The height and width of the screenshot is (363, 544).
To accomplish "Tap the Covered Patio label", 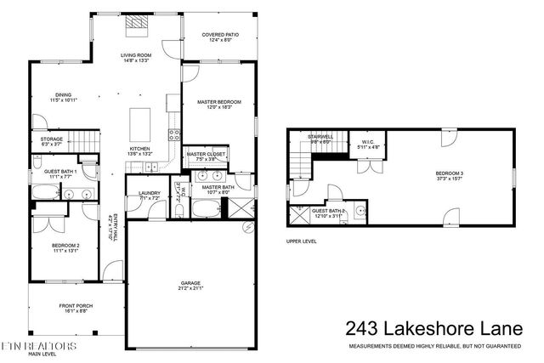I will click(x=219, y=36).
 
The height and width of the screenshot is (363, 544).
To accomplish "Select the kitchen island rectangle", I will click(x=139, y=126).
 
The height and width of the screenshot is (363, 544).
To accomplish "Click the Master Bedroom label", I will click(x=219, y=102).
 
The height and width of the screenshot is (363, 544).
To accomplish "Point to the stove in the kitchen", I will click(x=176, y=133).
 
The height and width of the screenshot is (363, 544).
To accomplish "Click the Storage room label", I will click(x=51, y=139).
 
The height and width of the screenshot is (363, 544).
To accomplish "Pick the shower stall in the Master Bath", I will click(x=241, y=209).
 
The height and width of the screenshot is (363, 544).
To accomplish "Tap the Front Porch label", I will click(x=77, y=306).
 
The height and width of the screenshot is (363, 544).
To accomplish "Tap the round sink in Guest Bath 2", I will click(x=360, y=210).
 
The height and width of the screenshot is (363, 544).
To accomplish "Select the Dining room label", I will click(x=63, y=95).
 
